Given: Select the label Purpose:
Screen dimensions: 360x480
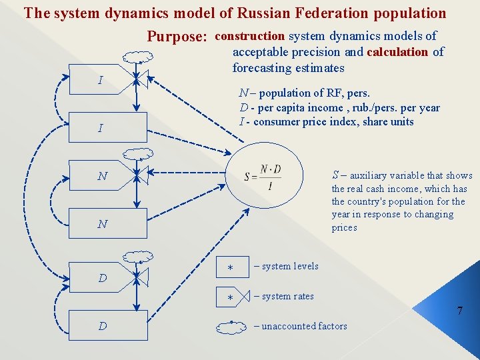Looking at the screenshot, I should (x=177, y=37).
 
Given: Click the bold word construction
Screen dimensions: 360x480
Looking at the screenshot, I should (x=251, y=36).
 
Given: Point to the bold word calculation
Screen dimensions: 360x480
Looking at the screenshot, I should (x=397, y=52).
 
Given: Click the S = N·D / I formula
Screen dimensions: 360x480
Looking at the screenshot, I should (x=263, y=177).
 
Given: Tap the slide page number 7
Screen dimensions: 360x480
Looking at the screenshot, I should (x=459, y=311).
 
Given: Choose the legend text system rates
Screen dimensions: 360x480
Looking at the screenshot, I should (x=287, y=296).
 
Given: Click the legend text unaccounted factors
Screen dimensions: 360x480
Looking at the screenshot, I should (x=304, y=326).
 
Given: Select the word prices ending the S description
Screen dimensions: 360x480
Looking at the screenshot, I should (x=345, y=227).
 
